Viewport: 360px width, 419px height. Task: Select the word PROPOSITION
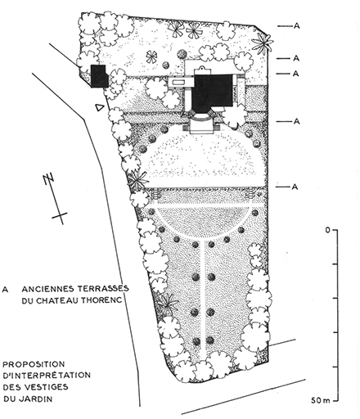pyautogui.click(x=34, y=364)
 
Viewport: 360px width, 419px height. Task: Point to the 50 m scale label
pyautogui.click(x=321, y=401)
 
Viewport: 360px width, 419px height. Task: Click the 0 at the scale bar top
pyautogui.click(x=327, y=230)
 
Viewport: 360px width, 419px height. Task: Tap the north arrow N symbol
pyautogui.click(x=48, y=179)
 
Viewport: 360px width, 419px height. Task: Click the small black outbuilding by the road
pyautogui.click(x=99, y=76)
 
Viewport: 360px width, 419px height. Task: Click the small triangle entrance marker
pyautogui.click(x=100, y=107)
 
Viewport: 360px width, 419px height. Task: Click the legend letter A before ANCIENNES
pyautogui.click(x=5, y=290)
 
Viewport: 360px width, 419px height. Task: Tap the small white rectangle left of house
pyautogui.click(x=178, y=82)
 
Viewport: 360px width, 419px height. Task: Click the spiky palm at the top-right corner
pyautogui.click(x=262, y=43)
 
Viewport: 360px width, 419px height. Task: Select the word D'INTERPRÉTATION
pyautogui.click(x=47, y=375)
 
